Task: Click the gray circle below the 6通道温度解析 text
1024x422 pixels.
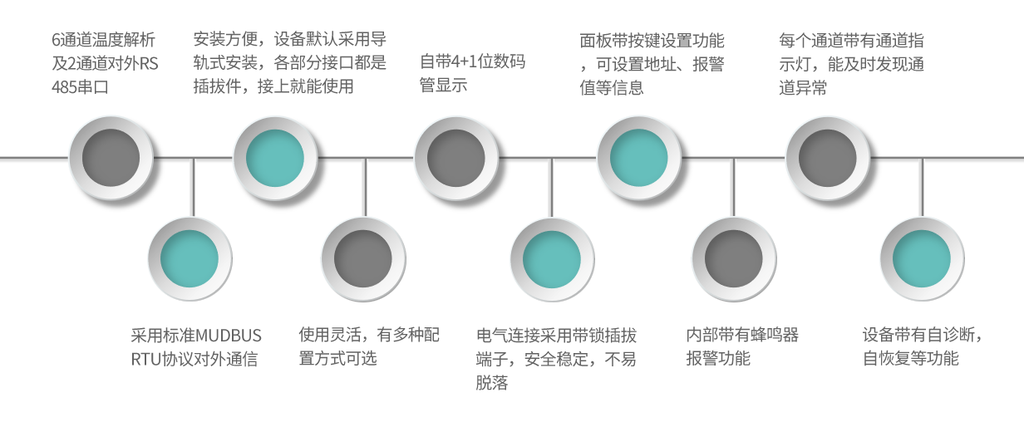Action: (x=111, y=158)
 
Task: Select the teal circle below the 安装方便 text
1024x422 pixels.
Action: (x=275, y=158)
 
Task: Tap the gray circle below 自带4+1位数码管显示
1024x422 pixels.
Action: (x=456, y=158)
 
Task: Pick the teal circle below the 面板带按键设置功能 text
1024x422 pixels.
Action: (x=639, y=158)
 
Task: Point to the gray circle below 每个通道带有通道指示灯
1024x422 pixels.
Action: (x=828, y=158)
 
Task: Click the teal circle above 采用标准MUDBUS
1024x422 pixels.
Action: (x=190, y=258)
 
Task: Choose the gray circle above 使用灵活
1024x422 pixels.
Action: (x=363, y=258)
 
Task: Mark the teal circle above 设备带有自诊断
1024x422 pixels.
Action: (x=922, y=258)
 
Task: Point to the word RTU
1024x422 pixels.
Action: (x=145, y=359)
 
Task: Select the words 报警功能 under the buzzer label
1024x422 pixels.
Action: (x=718, y=359)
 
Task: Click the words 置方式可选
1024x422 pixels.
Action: (x=337, y=359)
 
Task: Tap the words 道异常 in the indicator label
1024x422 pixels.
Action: (x=803, y=86)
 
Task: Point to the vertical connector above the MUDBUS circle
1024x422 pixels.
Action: (x=193, y=187)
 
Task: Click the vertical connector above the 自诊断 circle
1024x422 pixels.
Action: (x=921, y=187)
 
